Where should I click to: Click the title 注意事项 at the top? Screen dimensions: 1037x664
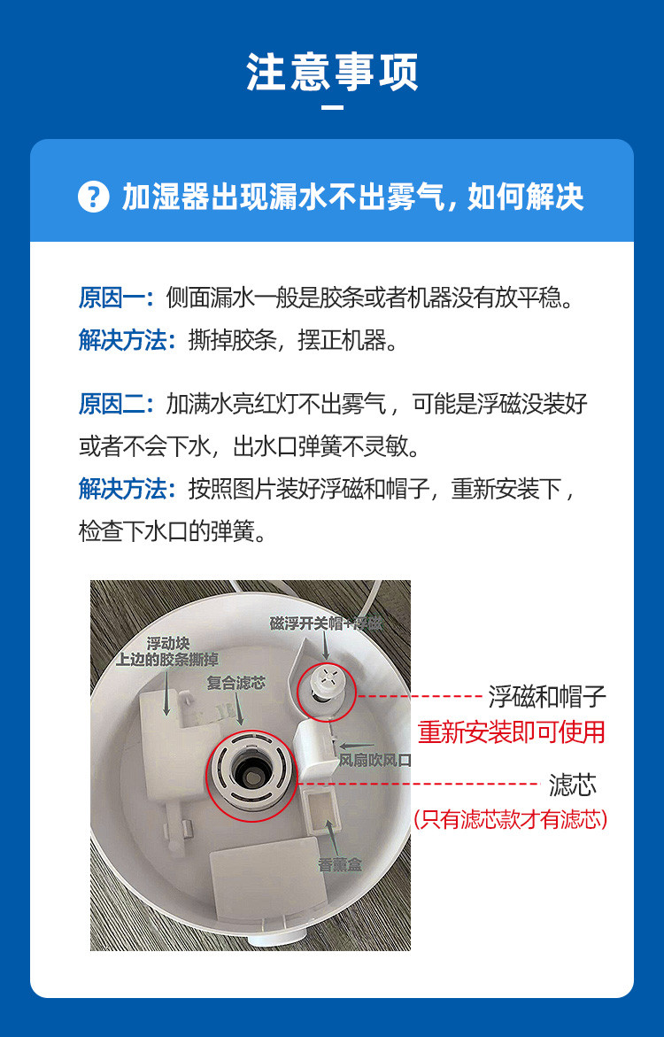(x=332, y=73)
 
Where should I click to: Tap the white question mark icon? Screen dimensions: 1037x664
(x=93, y=197)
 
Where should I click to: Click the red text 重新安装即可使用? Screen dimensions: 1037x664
(x=512, y=731)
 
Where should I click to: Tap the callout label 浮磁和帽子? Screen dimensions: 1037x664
(x=547, y=697)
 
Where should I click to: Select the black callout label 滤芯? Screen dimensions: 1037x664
(x=572, y=784)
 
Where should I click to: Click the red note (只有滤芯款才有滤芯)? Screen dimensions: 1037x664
(x=511, y=819)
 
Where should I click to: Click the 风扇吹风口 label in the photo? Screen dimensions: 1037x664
(x=376, y=761)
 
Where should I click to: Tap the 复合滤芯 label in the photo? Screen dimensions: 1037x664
(x=235, y=684)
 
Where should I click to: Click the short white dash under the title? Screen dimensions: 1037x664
(x=332, y=108)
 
